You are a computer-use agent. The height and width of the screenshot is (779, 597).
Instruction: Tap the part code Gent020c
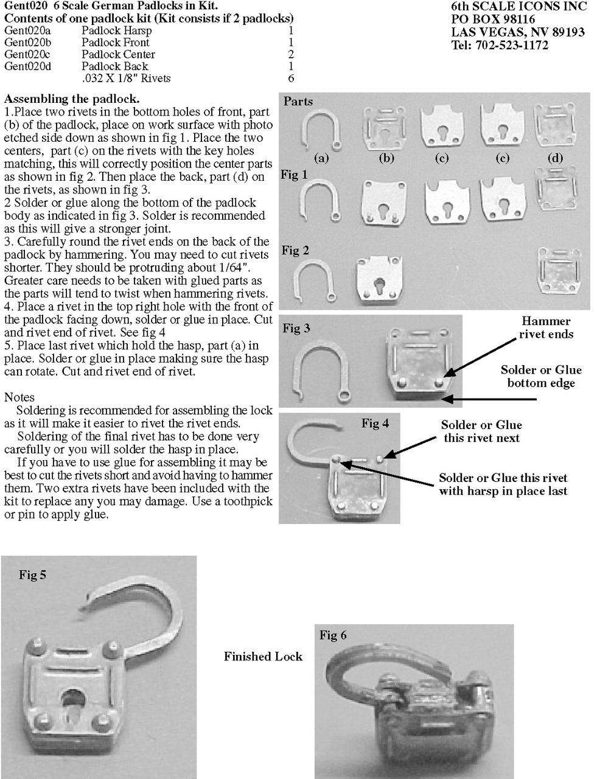(x=27, y=55)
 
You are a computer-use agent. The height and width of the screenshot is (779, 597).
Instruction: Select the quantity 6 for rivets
(x=291, y=78)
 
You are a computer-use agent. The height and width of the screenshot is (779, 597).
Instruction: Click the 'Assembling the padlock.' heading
(x=72, y=99)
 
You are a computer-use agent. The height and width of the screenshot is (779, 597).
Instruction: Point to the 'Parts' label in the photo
(x=298, y=102)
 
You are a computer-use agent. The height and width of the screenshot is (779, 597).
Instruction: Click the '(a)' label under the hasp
(x=321, y=158)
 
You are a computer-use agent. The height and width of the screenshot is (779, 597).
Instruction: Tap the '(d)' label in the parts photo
(x=555, y=158)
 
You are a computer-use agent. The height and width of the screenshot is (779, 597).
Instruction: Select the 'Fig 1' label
(x=294, y=175)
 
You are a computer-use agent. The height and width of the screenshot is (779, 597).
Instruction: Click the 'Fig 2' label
(x=296, y=250)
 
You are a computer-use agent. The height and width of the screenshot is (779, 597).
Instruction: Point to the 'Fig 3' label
(x=296, y=328)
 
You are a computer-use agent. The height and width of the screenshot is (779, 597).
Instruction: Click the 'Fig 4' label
(x=375, y=424)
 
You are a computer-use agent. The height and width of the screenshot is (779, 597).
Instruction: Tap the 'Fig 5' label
(x=33, y=575)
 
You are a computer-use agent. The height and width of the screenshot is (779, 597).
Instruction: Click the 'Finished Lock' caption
(x=264, y=657)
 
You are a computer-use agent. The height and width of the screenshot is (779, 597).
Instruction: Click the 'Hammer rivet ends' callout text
(x=546, y=327)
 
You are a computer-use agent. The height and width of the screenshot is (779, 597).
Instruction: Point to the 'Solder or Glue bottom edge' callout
(x=541, y=376)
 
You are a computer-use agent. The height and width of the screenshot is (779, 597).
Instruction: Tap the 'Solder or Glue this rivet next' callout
(x=481, y=431)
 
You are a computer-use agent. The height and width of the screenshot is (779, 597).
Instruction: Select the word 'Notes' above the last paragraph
(x=19, y=397)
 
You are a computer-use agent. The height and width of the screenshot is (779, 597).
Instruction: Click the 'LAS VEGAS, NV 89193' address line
(x=518, y=32)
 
